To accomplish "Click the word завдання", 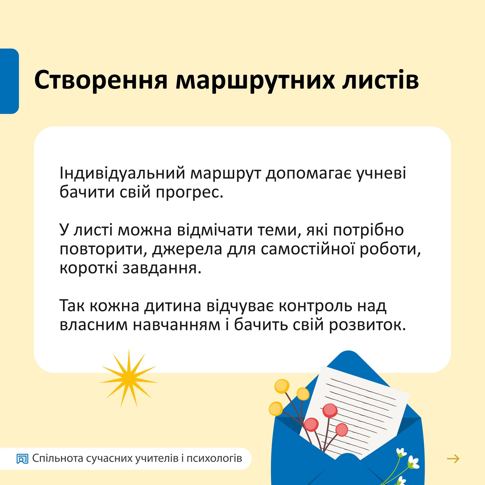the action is point(162,268).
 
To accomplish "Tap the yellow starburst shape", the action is point(129,378).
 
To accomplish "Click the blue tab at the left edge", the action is point(9,81).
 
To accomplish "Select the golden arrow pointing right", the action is point(453,459).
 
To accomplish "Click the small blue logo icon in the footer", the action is point(22,459).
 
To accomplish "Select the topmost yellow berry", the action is point(282,386).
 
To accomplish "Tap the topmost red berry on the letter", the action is point(330,411).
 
